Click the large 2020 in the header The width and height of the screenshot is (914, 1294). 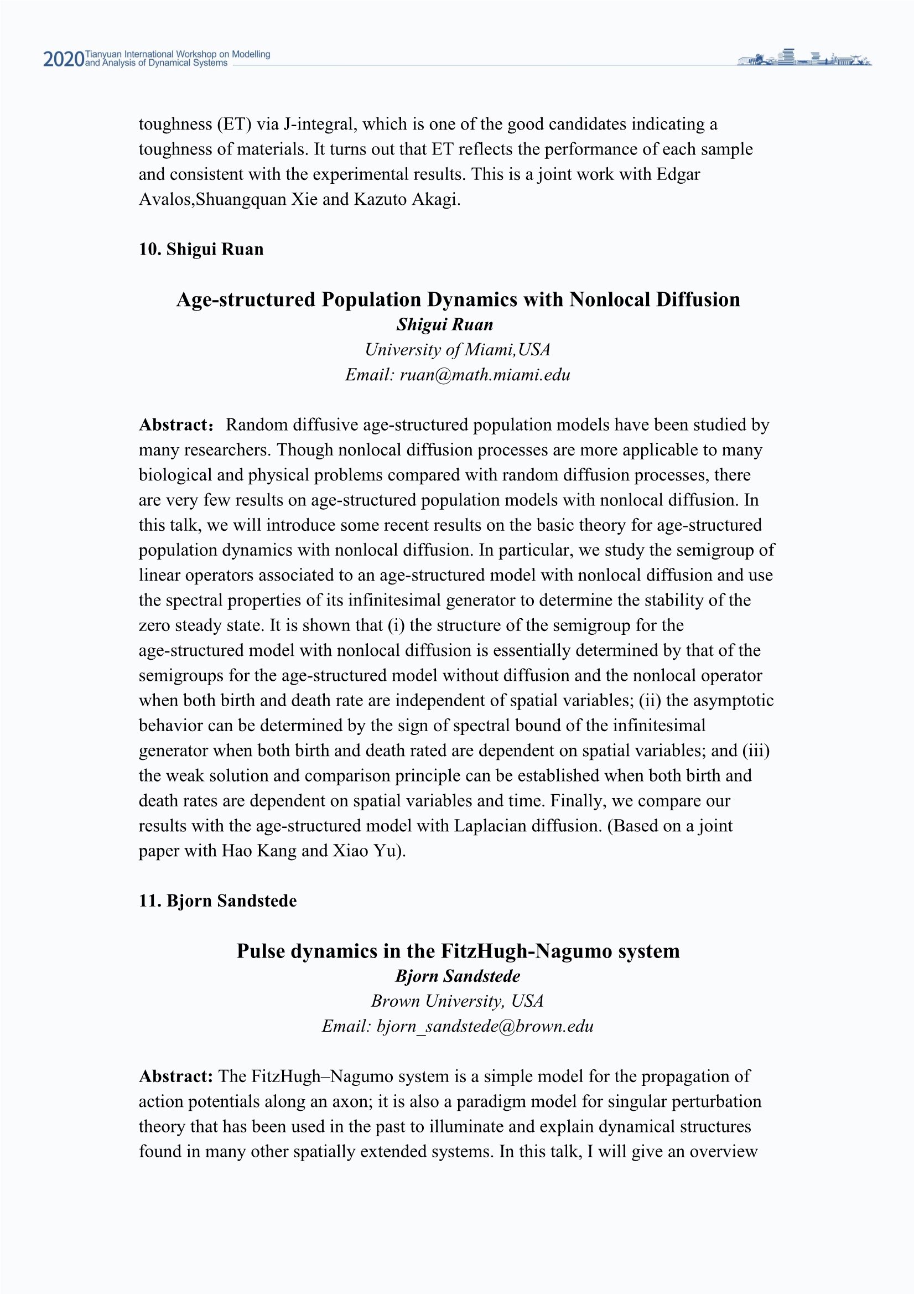(x=63, y=59)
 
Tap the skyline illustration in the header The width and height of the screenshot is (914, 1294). (x=804, y=58)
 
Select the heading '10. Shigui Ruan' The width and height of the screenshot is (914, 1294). (x=201, y=249)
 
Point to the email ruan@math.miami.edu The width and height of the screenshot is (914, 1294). (x=485, y=375)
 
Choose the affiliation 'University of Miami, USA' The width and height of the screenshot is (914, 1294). (x=457, y=349)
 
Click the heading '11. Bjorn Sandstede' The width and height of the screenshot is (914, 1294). (x=217, y=900)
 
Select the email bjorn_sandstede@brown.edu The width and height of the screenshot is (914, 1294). (x=485, y=1026)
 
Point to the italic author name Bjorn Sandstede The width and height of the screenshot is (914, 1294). (x=457, y=976)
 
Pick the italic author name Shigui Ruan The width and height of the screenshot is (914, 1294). (x=445, y=325)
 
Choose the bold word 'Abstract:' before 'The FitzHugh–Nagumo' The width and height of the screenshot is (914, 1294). (x=176, y=1076)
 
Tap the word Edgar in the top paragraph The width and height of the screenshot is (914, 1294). (x=678, y=174)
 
